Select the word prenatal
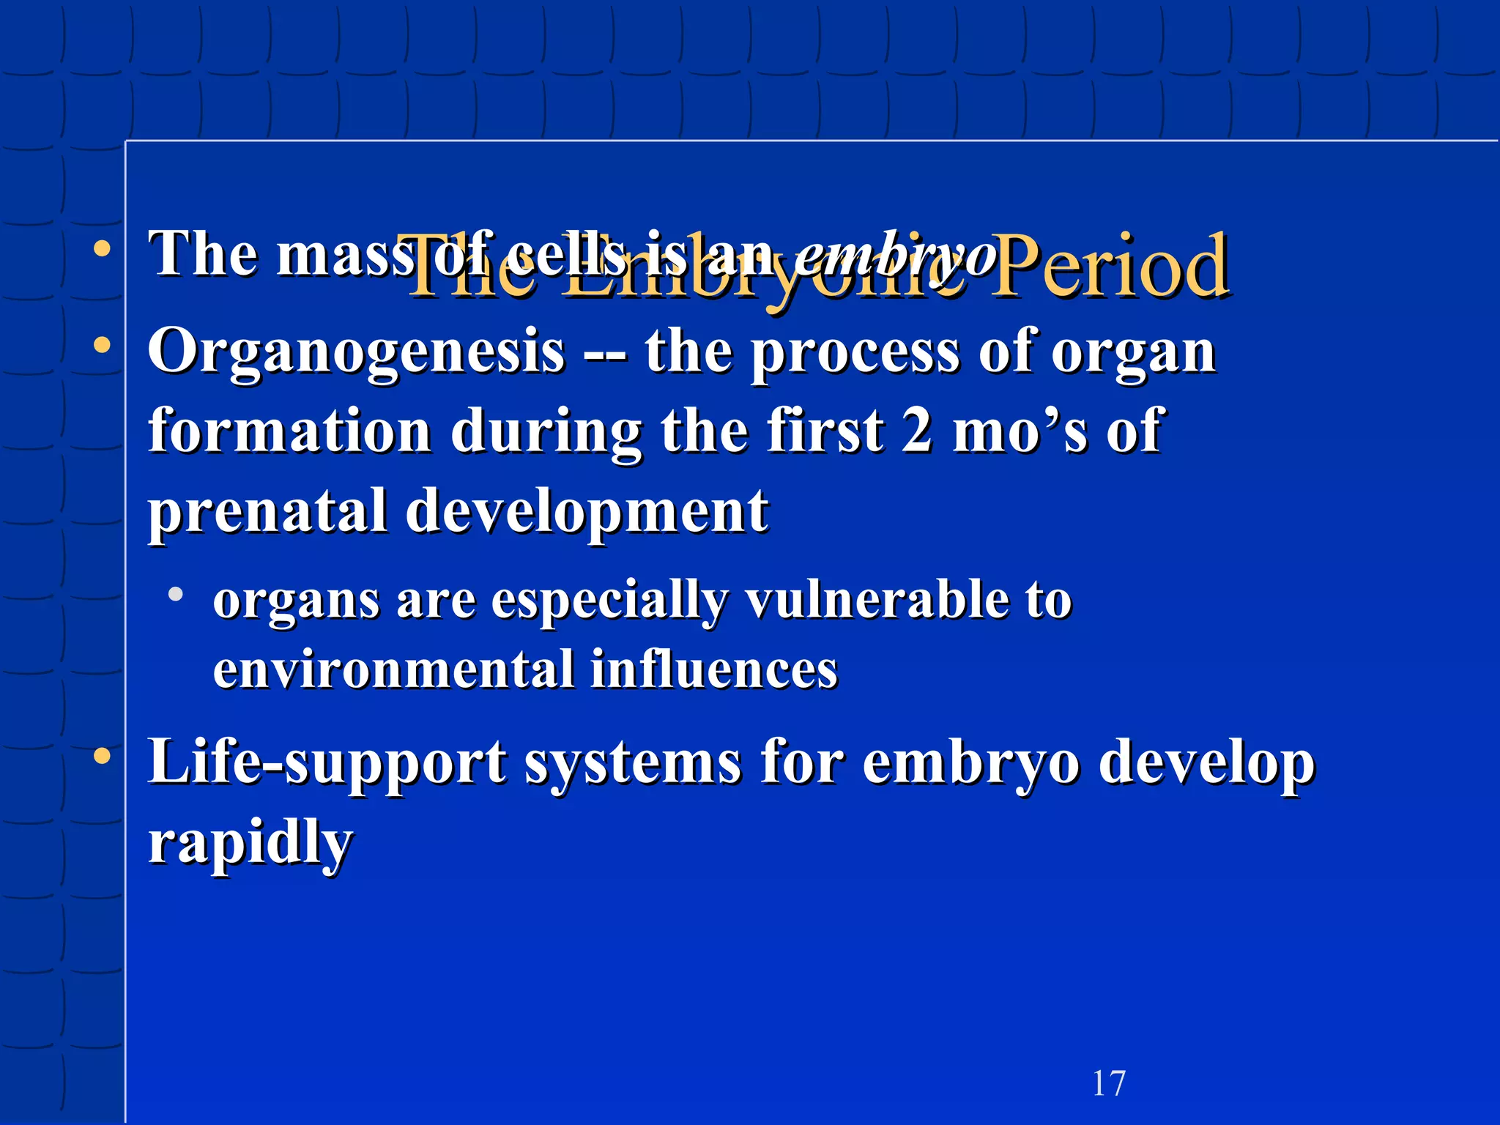267,513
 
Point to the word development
587,513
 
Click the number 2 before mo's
917,432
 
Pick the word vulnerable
875,601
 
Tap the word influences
713,670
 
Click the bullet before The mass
103,248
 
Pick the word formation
290,432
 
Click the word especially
609,601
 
